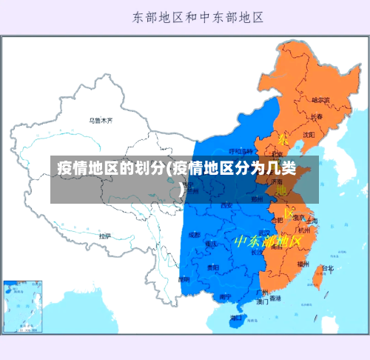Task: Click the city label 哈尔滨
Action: (320, 99)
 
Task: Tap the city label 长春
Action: (316, 116)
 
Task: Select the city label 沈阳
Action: (309, 134)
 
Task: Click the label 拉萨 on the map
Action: (104, 236)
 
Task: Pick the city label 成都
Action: (194, 234)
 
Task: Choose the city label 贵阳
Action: (213, 267)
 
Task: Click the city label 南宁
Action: (224, 296)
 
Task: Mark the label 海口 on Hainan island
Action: (236, 318)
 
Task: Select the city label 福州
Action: (303, 263)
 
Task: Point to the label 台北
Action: (326, 268)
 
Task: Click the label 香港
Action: (275, 299)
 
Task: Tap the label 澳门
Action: (262, 301)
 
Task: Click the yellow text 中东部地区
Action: (267, 241)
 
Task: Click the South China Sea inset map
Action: (23, 306)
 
